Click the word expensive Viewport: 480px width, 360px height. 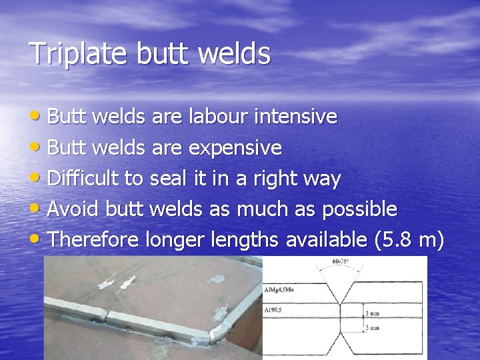tap(235, 147)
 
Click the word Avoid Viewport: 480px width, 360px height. tap(73, 209)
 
